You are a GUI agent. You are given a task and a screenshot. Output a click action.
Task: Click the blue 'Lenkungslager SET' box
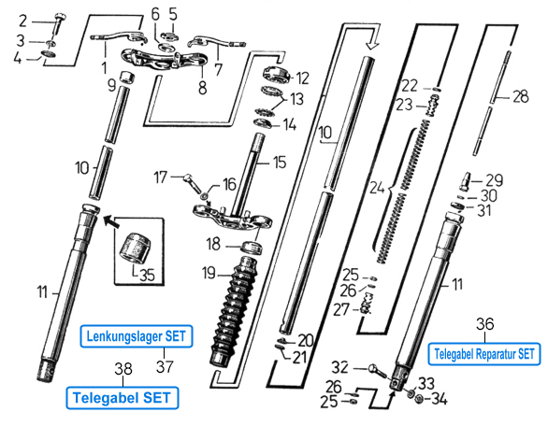tap(137, 336)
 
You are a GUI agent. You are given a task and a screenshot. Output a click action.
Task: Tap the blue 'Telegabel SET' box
tap(123, 398)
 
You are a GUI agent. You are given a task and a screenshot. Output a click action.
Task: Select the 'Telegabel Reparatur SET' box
tap(484, 354)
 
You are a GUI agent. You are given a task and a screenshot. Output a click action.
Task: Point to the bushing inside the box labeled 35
tap(136, 248)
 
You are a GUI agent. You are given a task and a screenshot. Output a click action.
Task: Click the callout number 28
tap(520, 97)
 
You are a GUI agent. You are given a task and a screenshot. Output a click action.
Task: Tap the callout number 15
tap(280, 163)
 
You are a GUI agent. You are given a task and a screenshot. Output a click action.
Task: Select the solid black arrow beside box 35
tap(111, 221)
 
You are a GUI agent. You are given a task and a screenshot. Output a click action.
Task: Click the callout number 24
tap(378, 188)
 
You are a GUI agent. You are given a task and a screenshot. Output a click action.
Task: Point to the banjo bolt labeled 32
tap(378, 371)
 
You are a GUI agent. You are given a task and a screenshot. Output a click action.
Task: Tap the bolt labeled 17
tap(193, 183)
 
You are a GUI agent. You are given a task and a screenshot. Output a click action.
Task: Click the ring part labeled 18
tap(252, 247)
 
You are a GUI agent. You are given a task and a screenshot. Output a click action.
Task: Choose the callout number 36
tap(485, 324)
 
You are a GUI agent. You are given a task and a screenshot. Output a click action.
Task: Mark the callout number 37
tap(165, 366)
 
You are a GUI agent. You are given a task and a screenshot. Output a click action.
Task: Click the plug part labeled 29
tap(465, 181)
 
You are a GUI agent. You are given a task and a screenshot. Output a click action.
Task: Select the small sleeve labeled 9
tap(128, 78)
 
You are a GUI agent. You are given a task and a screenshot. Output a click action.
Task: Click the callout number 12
tap(302, 78)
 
